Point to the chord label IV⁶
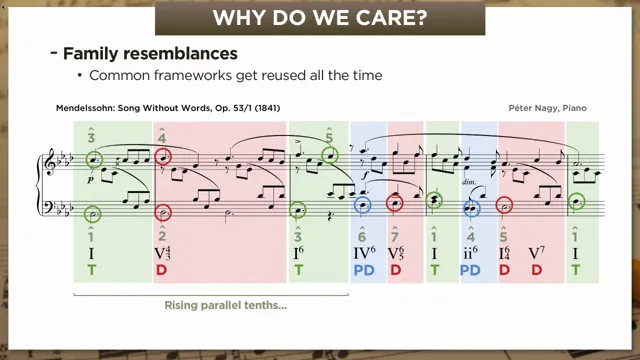363,253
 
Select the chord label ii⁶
471,253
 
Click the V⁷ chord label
537,253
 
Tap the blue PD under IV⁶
363,270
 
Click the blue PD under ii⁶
471,270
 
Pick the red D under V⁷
537,270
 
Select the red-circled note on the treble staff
164,156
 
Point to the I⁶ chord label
298,253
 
